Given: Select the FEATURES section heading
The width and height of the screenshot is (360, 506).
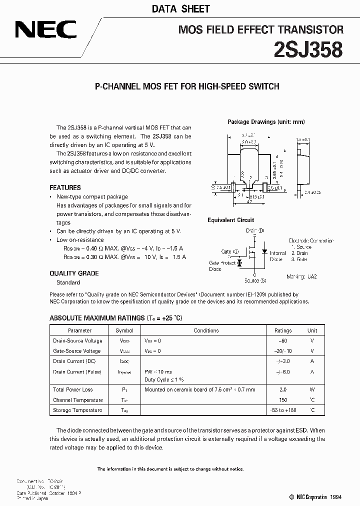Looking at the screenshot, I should [65, 187].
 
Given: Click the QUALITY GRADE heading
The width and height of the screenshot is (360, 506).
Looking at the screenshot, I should [74, 273].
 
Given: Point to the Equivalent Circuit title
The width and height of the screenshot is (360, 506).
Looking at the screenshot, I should [231, 220].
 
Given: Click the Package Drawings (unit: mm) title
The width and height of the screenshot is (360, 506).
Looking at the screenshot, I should [266, 121].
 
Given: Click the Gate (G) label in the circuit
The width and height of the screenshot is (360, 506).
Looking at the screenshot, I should [229, 251].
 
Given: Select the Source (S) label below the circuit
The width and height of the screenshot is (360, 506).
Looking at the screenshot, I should [254, 281].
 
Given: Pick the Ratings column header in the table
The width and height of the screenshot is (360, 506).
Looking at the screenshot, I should [283, 330].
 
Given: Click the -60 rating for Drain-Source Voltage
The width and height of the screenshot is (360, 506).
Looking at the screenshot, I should [283, 340].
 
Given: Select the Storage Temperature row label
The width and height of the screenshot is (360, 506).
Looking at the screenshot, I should [77, 410].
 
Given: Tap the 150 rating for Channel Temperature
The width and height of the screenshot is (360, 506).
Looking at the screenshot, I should [283, 400].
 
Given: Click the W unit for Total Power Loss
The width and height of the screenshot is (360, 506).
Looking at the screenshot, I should [312, 389].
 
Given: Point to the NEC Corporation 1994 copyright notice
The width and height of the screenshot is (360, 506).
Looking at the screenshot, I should [308, 497].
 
